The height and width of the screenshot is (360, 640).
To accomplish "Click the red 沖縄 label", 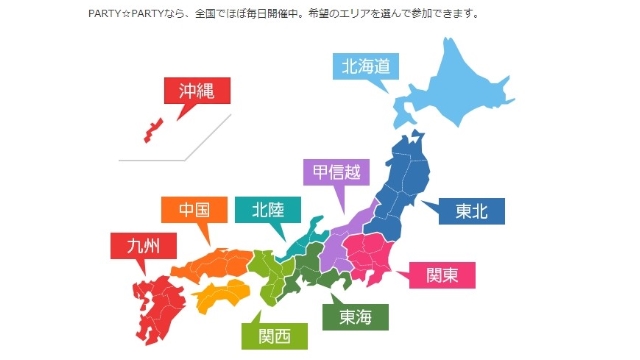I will point(196,91).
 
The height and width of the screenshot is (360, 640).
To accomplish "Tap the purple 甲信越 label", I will point(336,172).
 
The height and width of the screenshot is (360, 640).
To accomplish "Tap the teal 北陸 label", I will point(266,210).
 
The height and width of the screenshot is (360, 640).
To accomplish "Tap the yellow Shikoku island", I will point(221,296).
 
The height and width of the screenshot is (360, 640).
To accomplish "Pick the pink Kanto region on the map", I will point(376,250).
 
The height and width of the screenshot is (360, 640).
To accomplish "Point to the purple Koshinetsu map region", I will point(340,240).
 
